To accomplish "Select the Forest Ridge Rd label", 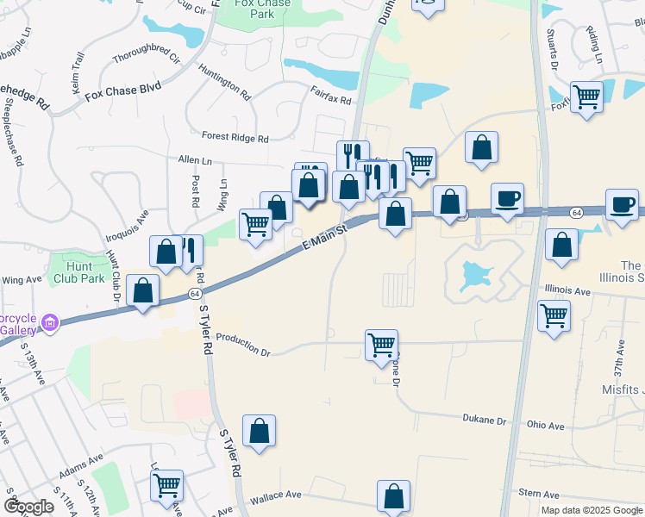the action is click(x=235, y=137).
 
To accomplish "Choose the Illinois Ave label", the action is click(x=566, y=291).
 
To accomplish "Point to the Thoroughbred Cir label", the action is click(x=146, y=59).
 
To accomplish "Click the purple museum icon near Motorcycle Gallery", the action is click(x=49, y=324).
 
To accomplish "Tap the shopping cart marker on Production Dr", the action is click(x=381, y=344).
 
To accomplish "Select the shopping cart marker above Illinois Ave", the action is click(x=554, y=314).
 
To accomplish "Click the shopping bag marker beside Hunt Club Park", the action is click(x=143, y=290).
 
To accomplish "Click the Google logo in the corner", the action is click(x=29, y=507).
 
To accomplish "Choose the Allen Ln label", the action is click(x=195, y=160).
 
